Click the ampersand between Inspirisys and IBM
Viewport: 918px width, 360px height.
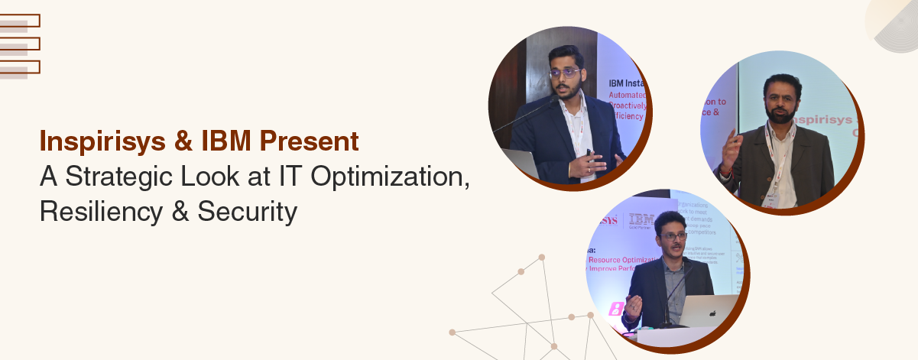point(184,143)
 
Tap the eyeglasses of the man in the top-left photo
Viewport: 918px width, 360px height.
point(563,73)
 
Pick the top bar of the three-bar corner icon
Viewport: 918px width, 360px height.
point(21,21)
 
